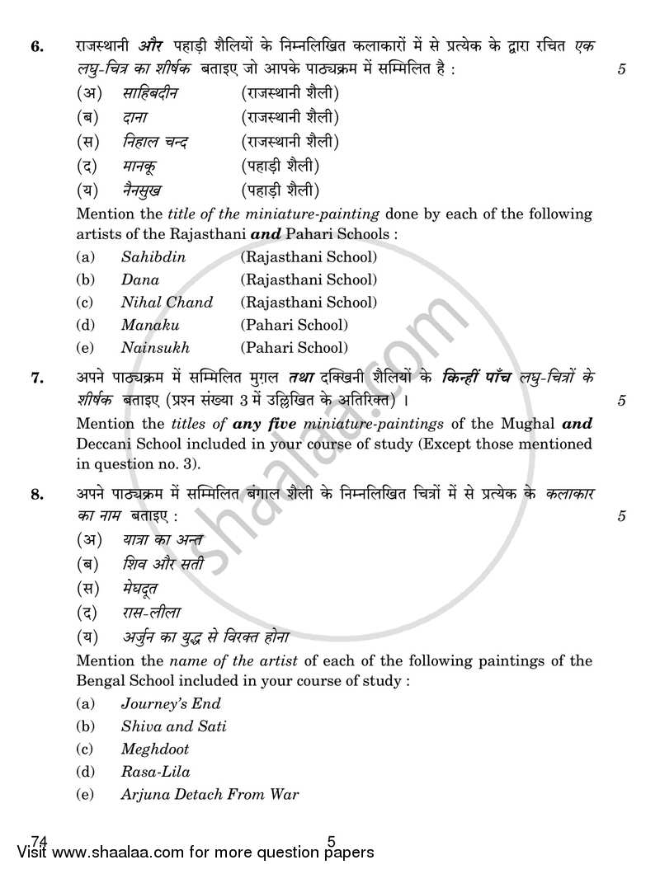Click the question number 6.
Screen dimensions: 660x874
point(36,47)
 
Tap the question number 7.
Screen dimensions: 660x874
point(36,379)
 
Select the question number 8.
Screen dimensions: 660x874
point(36,496)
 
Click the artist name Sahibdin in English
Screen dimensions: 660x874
point(153,257)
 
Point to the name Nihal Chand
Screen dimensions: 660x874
point(167,303)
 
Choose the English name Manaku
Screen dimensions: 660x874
point(149,325)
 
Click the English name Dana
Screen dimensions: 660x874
point(140,280)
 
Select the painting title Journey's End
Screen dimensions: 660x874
point(171,704)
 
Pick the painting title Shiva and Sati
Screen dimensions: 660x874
point(173,726)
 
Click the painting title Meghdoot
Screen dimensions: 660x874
point(154,749)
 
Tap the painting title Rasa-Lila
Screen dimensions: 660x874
point(155,772)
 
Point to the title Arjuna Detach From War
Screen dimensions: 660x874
point(210,795)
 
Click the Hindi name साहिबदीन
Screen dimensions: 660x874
point(150,93)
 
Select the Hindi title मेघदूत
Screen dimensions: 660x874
point(139,589)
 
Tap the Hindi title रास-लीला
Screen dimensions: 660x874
point(149,613)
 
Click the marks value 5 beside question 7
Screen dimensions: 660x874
point(621,402)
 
